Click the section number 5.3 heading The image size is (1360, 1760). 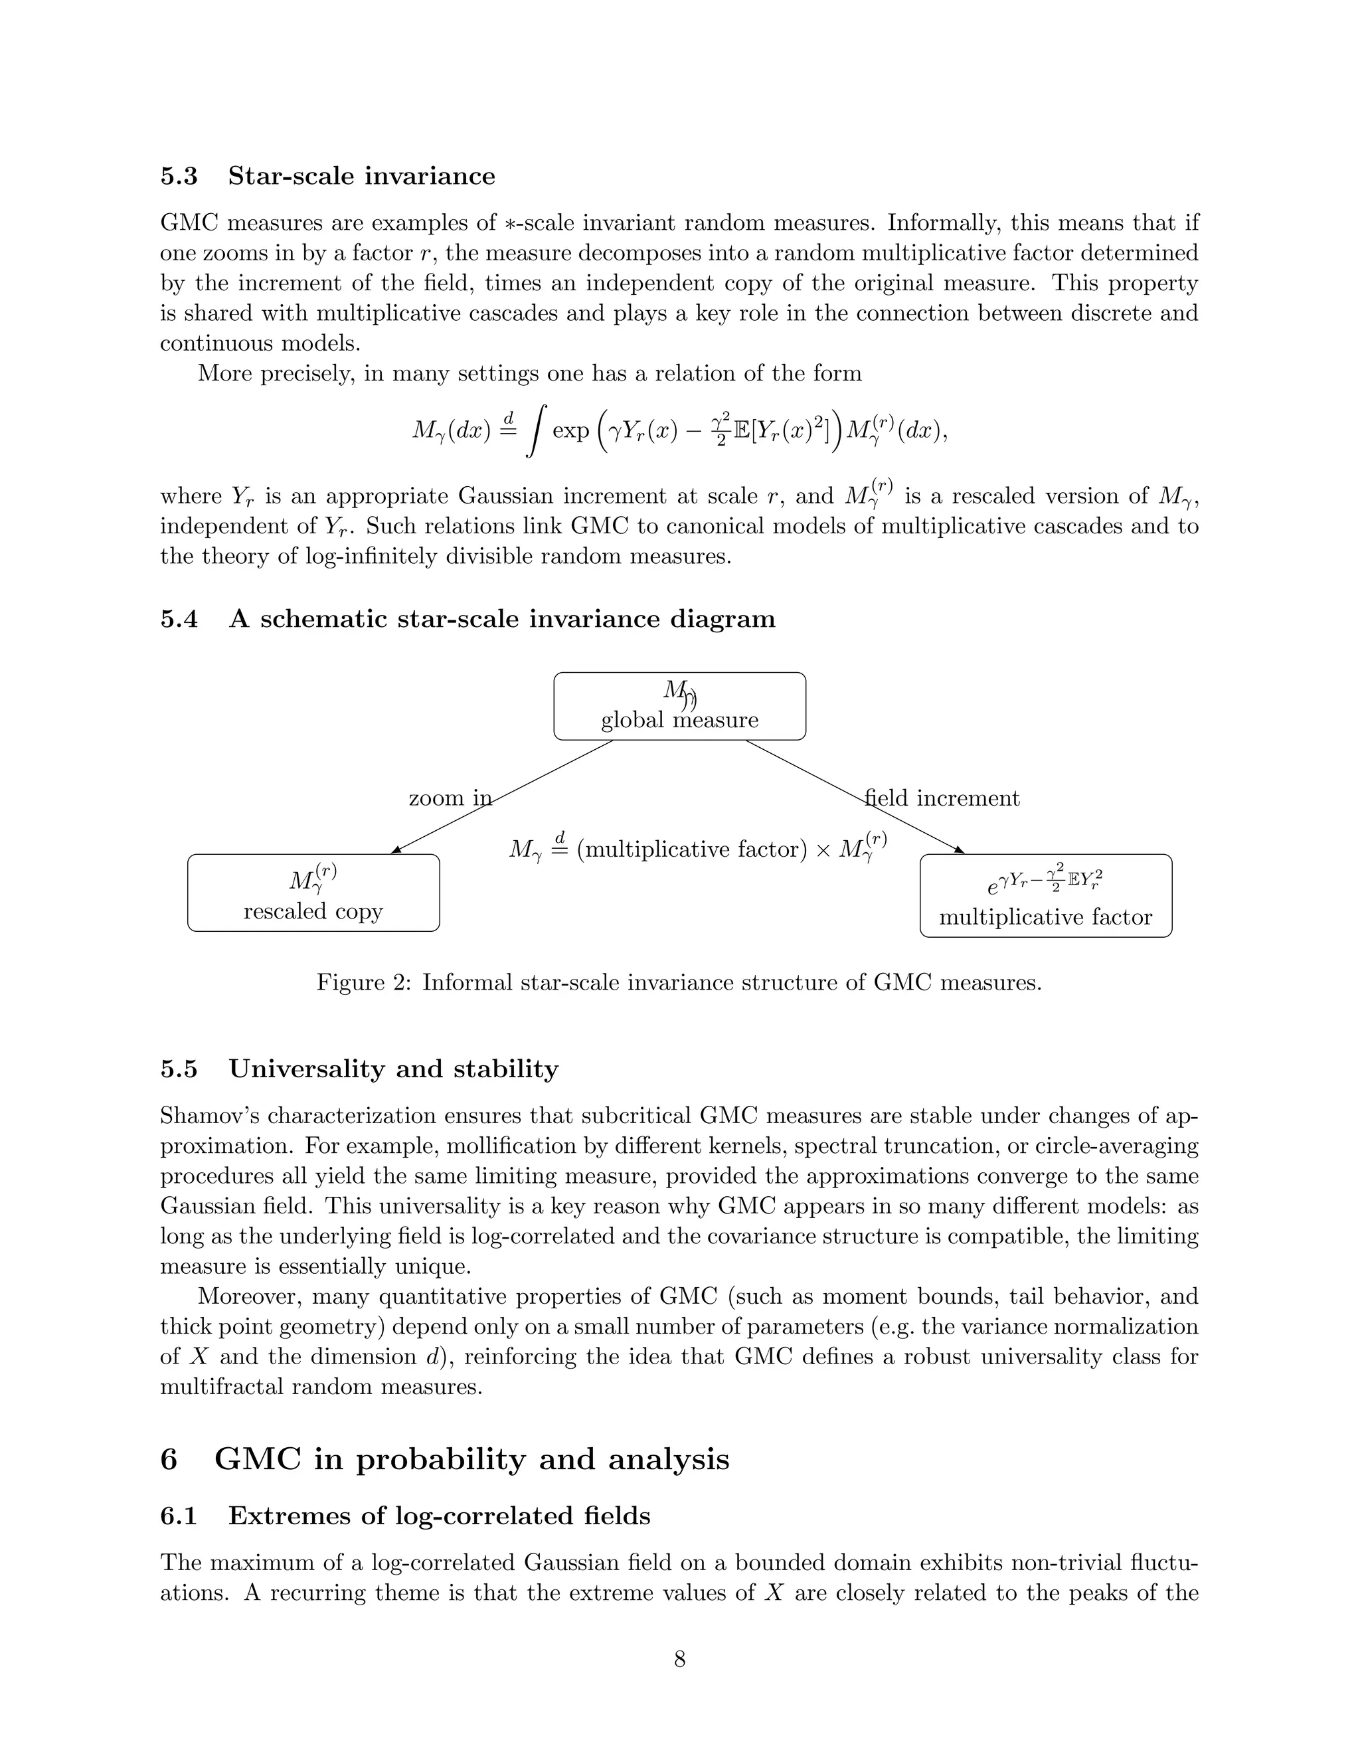coord(179,177)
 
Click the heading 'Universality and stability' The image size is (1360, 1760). coord(393,1069)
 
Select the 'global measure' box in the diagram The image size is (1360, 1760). coord(679,706)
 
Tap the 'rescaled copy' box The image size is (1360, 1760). coord(313,893)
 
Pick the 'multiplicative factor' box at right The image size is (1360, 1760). coord(1045,895)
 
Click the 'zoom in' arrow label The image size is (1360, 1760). coord(450,798)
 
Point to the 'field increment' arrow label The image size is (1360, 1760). coord(942,798)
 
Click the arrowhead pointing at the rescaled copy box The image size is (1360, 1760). coord(396,849)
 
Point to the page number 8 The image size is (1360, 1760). coord(679,1659)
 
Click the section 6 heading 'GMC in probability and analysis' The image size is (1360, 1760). coord(471,1459)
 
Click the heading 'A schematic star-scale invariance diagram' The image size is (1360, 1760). coord(502,619)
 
